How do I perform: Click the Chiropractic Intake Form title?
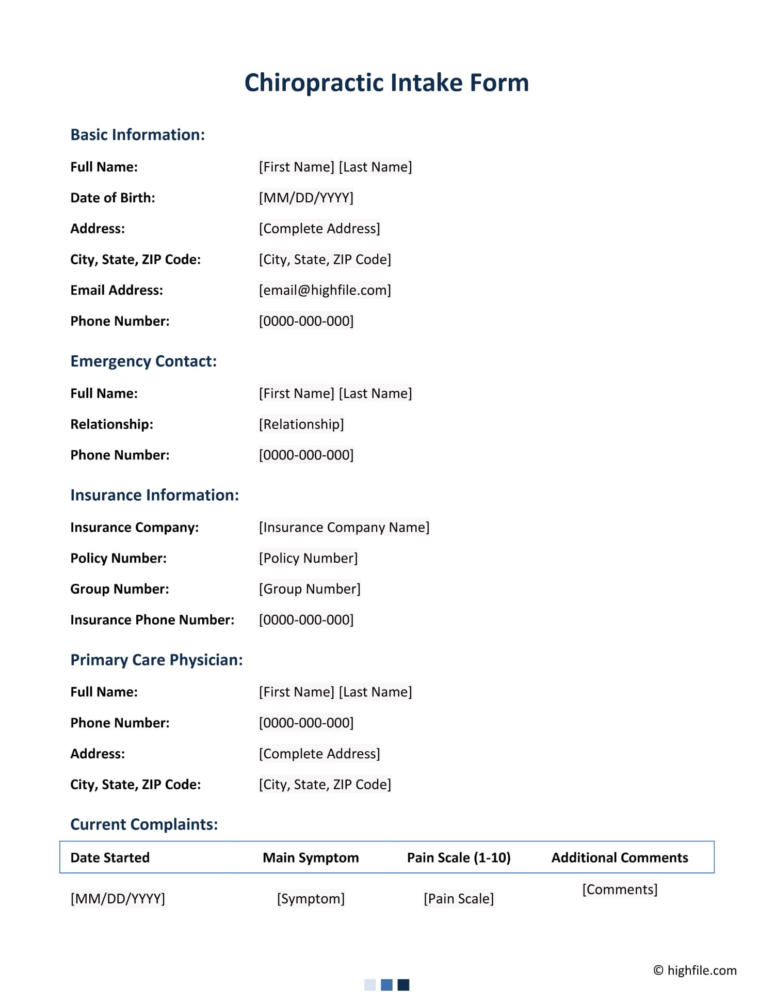pyautogui.click(x=386, y=83)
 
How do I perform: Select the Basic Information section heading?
pyautogui.click(x=137, y=135)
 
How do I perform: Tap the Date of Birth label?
pyautogui.click(x=112, y=198)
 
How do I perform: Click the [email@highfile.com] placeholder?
pyautogui.click(x=325, y=290)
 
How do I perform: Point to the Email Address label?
pyautogui.click(x=117, y=290)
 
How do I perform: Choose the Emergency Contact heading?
pyautogui.click(x=143, y=361)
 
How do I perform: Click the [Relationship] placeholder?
pyautogui.click(x=301, y=424)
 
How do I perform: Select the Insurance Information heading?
pyautogui.click(x=154, y=495)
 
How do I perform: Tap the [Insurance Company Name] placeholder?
pyautogui.click(x=344, y=527)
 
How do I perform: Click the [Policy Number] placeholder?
pyautogui.click(x=308, y=558)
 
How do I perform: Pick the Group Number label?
pyautogui.click(x=119, y=589)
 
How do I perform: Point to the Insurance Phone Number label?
pyautogui.click(x=152, y=620)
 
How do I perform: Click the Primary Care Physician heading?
pyautogui.click(x=156, y=660)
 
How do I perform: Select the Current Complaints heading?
pyautogui.click(x=144, y=824)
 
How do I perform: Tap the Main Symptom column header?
pyautogui.click(x=311, y=857)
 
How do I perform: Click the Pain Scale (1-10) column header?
pyautogui.click(x=459, y=857)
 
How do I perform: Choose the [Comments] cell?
pyautogui.click(x=620, y=889)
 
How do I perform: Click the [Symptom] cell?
pyautogui.click(x=311, y=899)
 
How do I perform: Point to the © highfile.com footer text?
pyautogui.click(x=695, y=971)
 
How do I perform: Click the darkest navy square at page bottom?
pyautogui.click(x=404, y=985)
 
